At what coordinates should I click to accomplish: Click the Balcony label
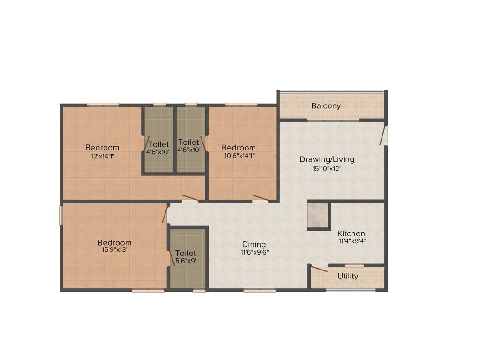(x=326, y=106)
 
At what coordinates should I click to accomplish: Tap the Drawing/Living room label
(x=327, y=159)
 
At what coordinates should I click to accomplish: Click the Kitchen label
(x=351, y=233)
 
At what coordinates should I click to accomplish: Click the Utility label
(x=348, y=276)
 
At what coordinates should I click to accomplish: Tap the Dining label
(x=254, y=244)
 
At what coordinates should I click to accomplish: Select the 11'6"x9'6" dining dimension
(x=255, y=252)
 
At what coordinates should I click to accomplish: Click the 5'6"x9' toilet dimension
(x=186, y=261)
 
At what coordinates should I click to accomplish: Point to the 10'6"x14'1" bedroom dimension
(x=239, y=156)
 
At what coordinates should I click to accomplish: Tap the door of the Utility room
(x=319, y=269)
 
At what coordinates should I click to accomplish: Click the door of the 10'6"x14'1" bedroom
(x=260, y=197)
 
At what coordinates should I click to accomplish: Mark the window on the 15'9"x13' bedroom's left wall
(x=60, y=216)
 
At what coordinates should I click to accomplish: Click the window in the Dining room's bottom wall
(x=259, y=291)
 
